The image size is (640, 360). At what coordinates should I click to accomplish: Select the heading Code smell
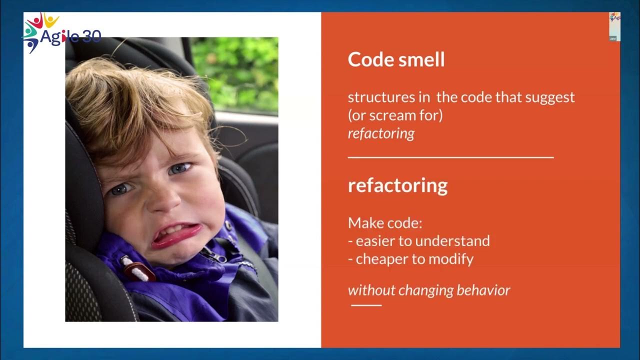tap(396, 60)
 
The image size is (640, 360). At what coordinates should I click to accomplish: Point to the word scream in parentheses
tap(393, 115)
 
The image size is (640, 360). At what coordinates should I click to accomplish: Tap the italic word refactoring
tap(381, 134)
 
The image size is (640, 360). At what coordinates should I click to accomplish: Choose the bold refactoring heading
tap(397, 185)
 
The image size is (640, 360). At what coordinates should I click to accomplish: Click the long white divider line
tap(450, 157)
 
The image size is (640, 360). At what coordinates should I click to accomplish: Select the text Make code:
tap(385, 223)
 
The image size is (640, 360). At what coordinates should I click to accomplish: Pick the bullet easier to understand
tap(418, 241)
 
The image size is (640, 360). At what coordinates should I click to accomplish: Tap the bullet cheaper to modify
tap(410, 259)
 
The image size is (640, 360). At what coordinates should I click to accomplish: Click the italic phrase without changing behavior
tap(429, 290)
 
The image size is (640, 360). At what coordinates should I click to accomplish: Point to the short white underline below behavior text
tap(366, 305)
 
